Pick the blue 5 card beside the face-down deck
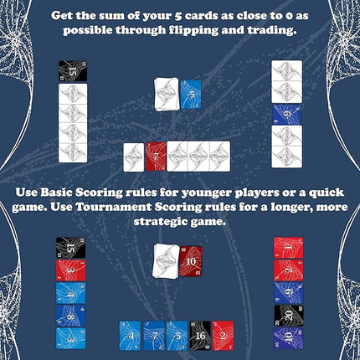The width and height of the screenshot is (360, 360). [x=192, y=95]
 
